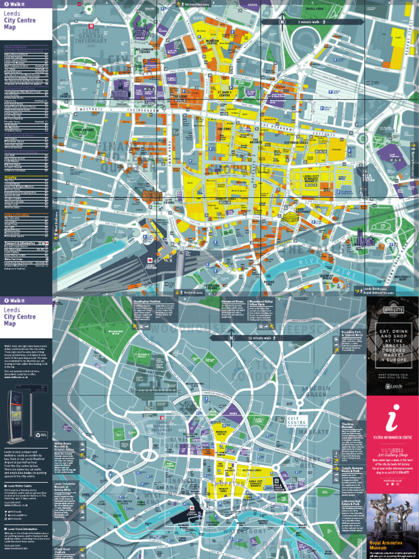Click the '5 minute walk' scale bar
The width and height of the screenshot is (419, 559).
point(312,22)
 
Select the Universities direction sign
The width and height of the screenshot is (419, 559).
point(194,3)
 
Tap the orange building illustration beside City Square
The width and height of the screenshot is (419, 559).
point(152,195)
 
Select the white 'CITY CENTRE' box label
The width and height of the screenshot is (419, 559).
point(298,421)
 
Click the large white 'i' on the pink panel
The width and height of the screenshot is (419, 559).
point(392,418)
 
